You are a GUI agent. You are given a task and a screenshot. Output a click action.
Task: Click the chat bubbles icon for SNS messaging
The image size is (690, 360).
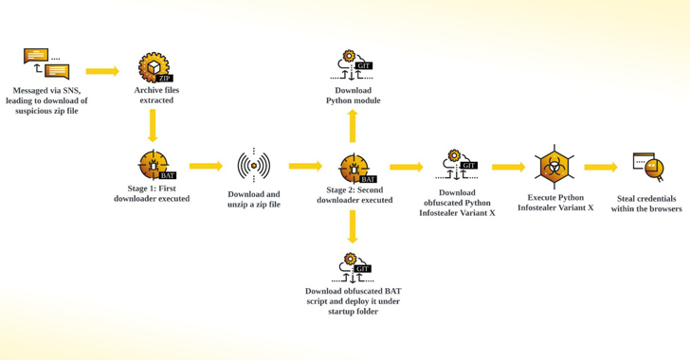click(x=46, y=63)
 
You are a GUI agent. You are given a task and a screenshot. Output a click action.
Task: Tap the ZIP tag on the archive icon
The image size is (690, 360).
click(x=164, y=79)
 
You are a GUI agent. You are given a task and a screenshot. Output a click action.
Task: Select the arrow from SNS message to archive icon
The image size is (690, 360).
click(x=102, y=71)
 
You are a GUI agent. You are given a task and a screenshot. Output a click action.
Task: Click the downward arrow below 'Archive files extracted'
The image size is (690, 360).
click(x=153, y=125)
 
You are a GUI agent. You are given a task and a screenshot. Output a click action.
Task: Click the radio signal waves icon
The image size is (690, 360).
click(x=254, y=166)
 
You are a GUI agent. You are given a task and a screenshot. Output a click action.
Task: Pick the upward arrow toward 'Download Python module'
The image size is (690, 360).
click(x=353, y=126)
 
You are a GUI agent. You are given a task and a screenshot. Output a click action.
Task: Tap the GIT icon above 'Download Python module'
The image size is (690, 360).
click(x=352, y=65)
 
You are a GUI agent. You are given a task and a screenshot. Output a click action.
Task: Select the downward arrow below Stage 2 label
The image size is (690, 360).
click(x=352, y=226)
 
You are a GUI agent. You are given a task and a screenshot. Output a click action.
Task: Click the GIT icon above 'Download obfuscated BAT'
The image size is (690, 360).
click(x=353, y=267)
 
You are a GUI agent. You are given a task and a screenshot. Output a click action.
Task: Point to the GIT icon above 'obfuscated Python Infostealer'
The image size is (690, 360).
click(x=457, y=165)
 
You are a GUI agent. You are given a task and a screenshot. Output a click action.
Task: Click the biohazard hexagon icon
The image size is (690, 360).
click(x=554, y=167)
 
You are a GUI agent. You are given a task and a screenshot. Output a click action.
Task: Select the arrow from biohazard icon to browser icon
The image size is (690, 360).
click(x=601, y=168)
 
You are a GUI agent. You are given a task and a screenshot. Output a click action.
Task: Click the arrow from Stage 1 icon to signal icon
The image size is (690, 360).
click(x=206, y=166)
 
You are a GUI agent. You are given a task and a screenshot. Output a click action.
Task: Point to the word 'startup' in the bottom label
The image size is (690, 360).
click(x=339, y=312)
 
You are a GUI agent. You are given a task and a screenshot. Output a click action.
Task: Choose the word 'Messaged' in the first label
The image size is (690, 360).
click(x=30, y=91)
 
